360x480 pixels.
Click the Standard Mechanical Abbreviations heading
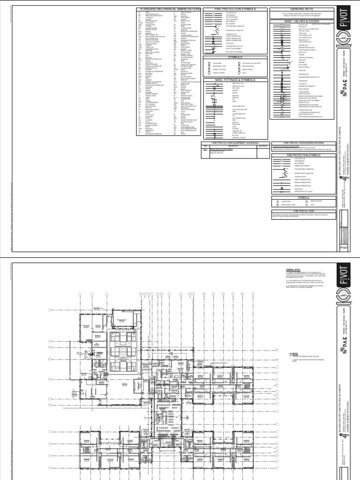[168, 9]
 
